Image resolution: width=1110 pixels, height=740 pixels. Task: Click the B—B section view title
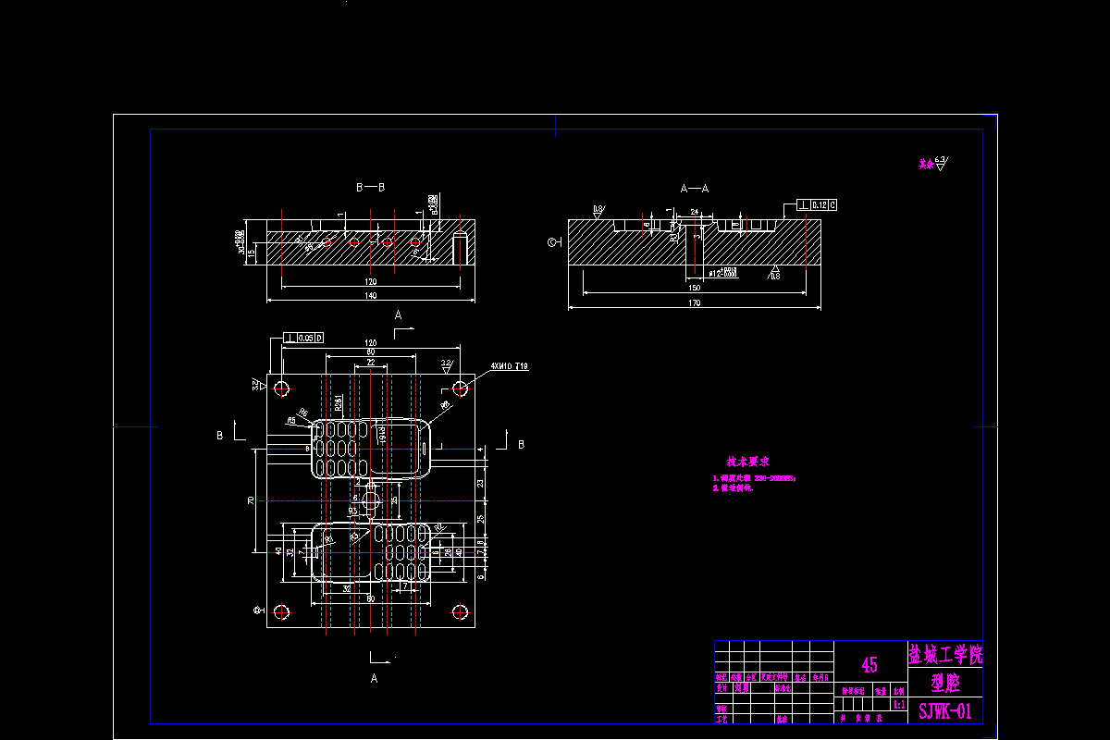(370, 187)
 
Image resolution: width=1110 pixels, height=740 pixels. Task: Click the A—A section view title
(695, 188)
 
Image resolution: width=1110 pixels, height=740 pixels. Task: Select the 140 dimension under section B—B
(370, 296)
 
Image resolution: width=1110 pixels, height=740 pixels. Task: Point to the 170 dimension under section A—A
(694, 302)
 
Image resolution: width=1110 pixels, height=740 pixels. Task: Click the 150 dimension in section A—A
(694, 289)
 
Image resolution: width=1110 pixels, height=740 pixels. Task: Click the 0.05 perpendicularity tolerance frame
(304, 338)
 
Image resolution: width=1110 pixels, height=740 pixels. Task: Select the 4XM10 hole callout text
(510, 367)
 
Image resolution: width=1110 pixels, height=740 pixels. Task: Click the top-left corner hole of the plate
(282, 387)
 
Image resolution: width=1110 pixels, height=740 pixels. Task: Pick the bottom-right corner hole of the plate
(460, 611)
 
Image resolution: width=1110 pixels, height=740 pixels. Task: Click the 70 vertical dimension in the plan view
(251, 500)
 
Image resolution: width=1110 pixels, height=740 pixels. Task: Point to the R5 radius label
(291, 420)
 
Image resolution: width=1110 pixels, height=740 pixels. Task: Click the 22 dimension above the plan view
(371, 364)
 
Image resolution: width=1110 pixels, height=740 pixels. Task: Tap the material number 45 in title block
(869, 664)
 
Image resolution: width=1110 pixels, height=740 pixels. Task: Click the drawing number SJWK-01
(944, 711)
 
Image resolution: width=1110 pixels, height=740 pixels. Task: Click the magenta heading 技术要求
(748, 461)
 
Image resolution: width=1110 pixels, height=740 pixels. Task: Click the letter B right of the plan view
(521, 444)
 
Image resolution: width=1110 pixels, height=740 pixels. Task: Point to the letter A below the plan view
(375, 678)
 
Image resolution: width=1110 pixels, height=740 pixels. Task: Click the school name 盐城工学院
(944, 656)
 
